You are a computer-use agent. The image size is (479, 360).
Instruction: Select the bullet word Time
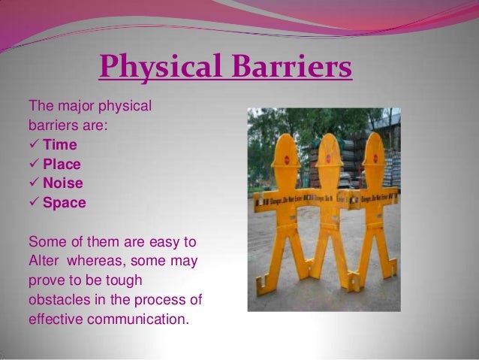coord(59,144)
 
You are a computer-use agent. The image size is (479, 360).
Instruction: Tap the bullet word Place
coord(62,163)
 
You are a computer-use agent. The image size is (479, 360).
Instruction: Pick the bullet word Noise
coord(62,183)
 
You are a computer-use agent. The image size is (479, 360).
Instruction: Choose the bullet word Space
coord(64,202)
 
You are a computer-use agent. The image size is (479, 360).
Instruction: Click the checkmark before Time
coord(34,144)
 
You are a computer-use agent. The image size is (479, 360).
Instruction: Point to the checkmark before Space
coord(34,202)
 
